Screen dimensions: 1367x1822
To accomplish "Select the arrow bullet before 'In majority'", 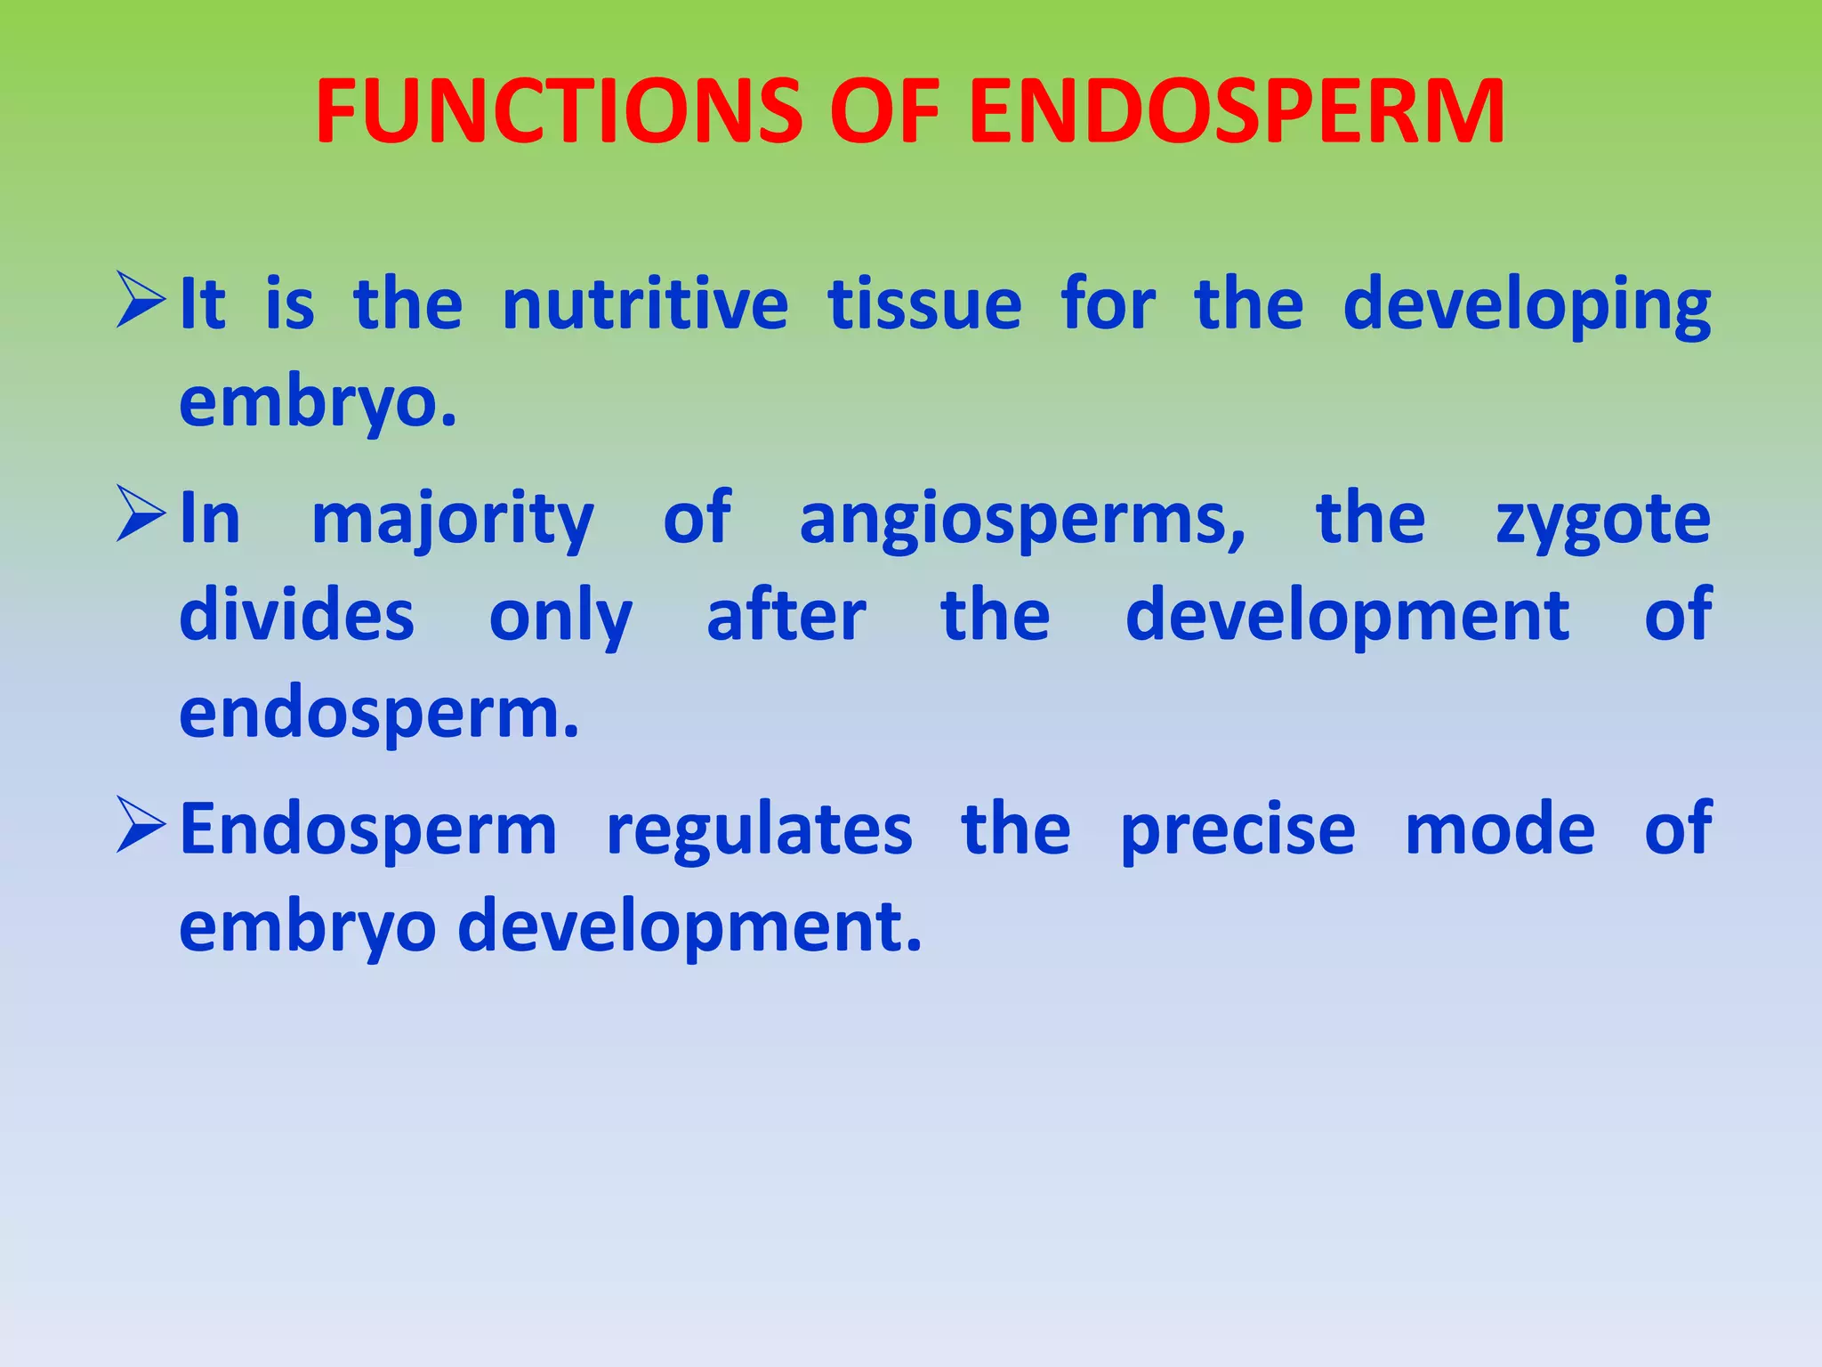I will (x=141, y=516).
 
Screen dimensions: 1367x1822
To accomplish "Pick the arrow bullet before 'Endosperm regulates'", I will (x=141, y=827).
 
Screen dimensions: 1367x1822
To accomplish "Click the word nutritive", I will (x=645, y=304).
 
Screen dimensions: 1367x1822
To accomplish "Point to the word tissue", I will (x=925, y=304).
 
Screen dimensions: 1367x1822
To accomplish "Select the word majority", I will (x=453, y=521).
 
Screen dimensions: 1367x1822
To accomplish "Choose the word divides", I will (x=297, y=616).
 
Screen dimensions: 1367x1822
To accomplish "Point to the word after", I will (x=786, y=616).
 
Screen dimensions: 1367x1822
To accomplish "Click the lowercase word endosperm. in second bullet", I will (x=379, y=715).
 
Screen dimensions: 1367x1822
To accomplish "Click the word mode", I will (x=1500, y=829).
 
